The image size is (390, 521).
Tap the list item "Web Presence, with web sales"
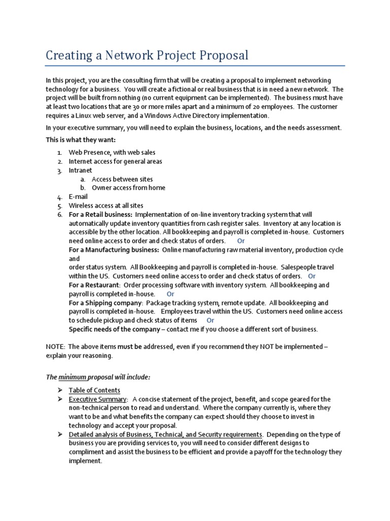pyautogui.click(x=112, y=153)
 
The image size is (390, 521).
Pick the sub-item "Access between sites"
pyautogui.click(x=122, y=179)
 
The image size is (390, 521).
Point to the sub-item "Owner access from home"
pyautogui.click(x=128, y=188)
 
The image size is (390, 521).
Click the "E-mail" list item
pyautogui.click(x=78, y=197)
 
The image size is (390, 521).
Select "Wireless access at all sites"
pyautogui.click(x=106, y=206)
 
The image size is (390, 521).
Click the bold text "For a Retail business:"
pyautogui.click(x=101, y=214)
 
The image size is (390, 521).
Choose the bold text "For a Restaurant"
pyautogui.click(x=94, y=285)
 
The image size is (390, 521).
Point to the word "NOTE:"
pyautogui.click(x=55, y=346)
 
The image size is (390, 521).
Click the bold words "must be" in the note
pyautogui.click(x=129, y=346)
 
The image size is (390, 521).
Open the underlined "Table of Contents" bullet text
pyautogui.click(x=94, y=390)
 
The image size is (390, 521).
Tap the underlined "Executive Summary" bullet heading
pyautogui.click(x=97, y=399)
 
